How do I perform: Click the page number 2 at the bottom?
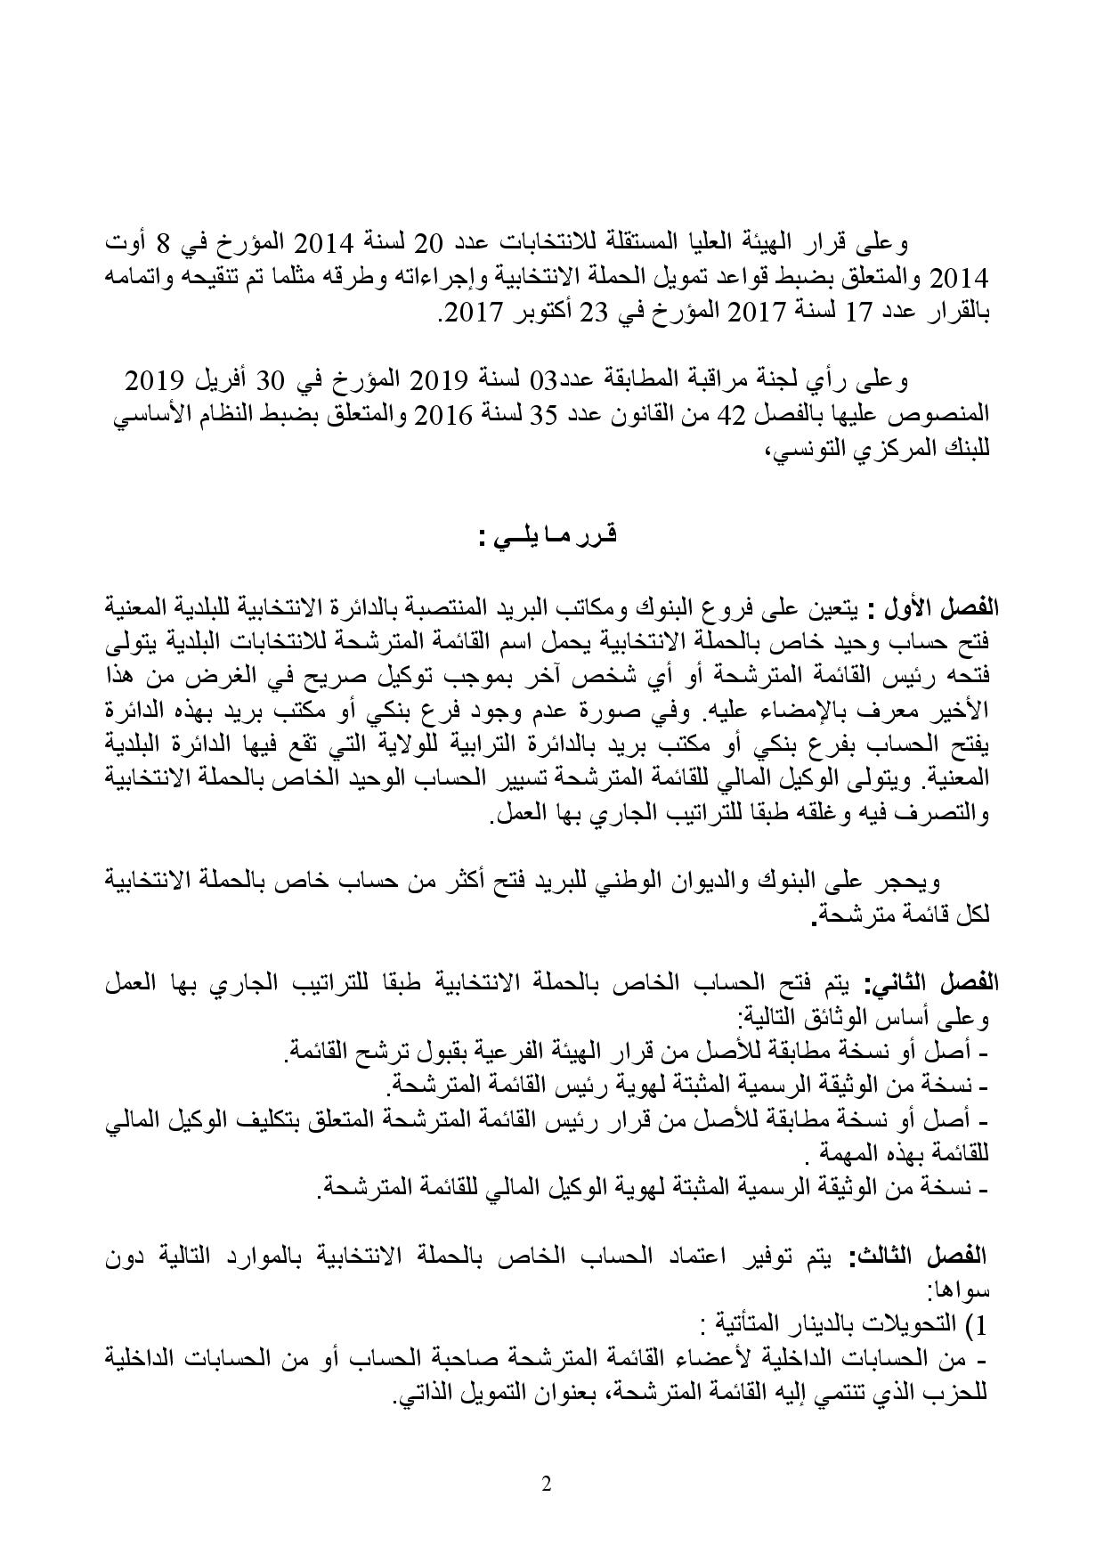tap(546, 1484)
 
